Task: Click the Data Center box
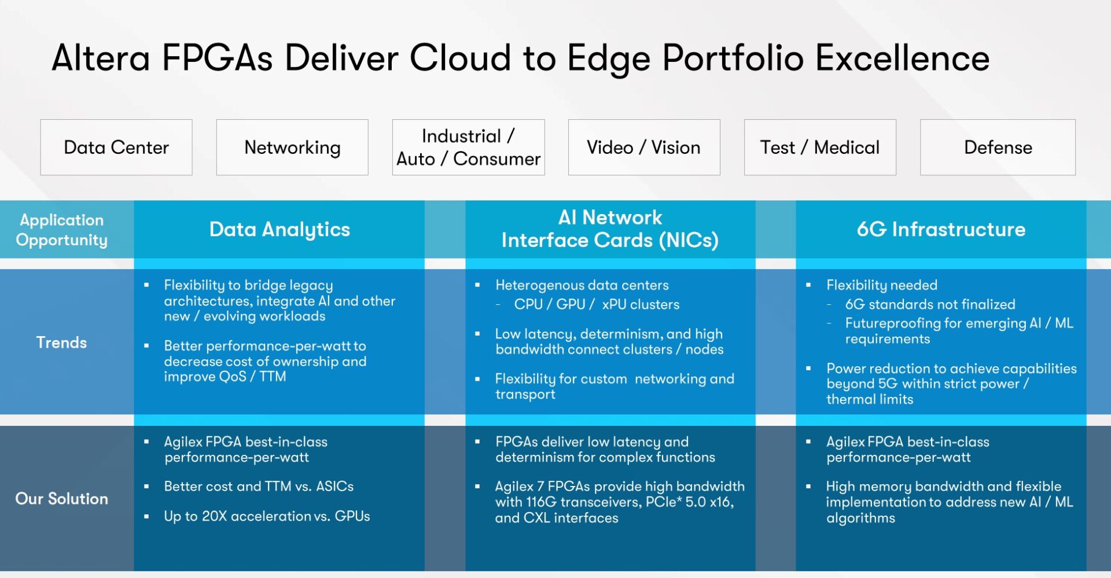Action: coord(116,148)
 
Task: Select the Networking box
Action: coord(292,148)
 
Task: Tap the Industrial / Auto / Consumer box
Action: coord(468,148)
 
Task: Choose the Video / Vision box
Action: coord(643,148)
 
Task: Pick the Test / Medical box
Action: coord(819,148)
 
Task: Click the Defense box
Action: coord(998,148)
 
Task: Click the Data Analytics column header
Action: coord(279,230)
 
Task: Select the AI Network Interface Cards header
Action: coord(610,229)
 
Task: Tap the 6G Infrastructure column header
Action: coord(941,230)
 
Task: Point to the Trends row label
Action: coord(61,343)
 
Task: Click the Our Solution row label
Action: coord(61,499)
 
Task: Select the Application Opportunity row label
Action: coord(61,230)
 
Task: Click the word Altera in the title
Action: coord(101,58)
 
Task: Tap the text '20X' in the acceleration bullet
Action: coord(214,516)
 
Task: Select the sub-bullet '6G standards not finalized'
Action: coord(930,304)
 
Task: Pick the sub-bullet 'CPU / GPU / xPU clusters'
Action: coord(597,304)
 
